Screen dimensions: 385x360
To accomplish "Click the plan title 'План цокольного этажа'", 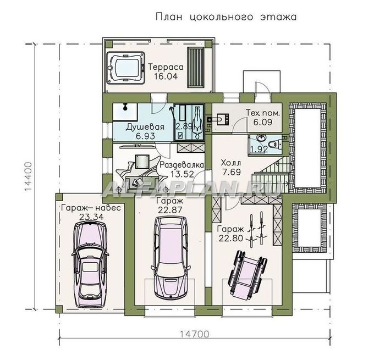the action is [x=226, y=17].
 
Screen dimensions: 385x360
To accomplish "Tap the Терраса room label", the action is [x=166, y=67].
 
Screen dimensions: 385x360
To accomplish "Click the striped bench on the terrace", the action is [x=196, y=67].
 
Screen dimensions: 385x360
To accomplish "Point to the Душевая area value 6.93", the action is [x=146, y=136].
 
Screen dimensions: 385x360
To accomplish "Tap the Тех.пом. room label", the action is [x=263, y=113].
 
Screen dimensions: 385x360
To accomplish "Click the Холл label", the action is [x=231, y=163].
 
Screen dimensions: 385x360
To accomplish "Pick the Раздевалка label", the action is [x=182, y=165].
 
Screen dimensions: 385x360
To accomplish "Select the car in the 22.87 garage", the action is [x=171, y=257].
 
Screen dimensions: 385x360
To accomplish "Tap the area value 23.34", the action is [x=91, y=217].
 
